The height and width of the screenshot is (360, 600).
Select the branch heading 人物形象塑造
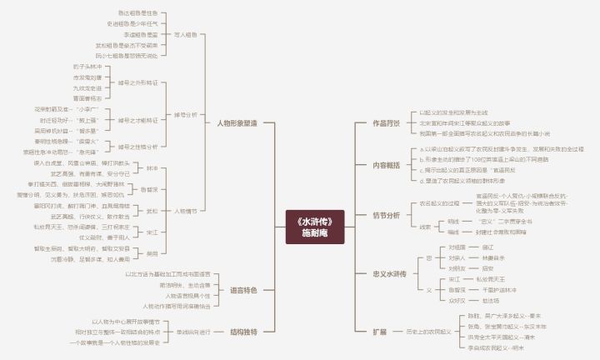pyautogui.click(x=237, y=122)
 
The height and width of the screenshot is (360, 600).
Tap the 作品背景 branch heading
pyautogui.click(x=386, y=122)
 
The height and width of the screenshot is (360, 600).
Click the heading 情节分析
pyautogui.click(x=386, y=215)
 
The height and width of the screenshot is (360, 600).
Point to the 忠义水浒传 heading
pyautogui.click(x=389, y=273)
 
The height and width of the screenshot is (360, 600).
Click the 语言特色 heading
pyautogui.click(x=243, y=290)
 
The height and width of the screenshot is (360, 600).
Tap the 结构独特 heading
pyautogui.click(x=243, y=331)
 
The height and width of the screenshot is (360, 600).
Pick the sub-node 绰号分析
pyautogui.click(x=186, y=114)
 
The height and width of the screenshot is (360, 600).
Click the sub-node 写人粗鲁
pyautogui.click(x=186, y=35)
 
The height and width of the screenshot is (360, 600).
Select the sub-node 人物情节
pyautogui.click(x=186, y=211)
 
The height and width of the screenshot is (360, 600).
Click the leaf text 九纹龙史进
pyautogui.click(x=87, y=87)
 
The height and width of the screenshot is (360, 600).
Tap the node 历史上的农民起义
pyautogui.click(x=428, y=331)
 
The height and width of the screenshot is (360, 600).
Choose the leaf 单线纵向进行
pyautogui.click(x=193, y=331)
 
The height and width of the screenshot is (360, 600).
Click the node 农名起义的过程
pyautogui.click(x=439, y=202)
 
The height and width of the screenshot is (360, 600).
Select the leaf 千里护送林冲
pyautogui.click(x=499, y=289)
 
